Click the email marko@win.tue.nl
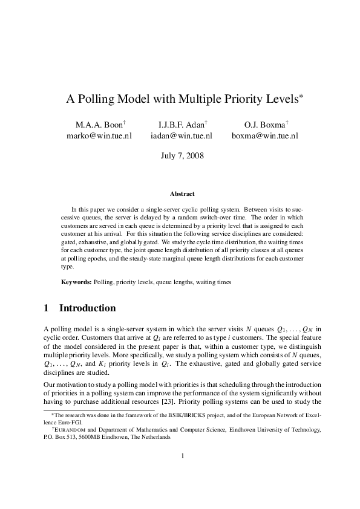99,136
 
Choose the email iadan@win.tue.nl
181,136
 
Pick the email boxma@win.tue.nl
265,136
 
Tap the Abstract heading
182,194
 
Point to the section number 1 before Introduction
47,308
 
